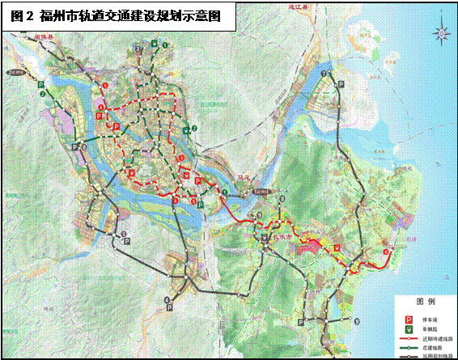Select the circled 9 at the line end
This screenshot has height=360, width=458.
[358, 322]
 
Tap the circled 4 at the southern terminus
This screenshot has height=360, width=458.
[167, 300]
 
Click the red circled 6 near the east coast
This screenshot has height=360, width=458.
[385, 252]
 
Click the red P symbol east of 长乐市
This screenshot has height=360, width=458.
[336, 248]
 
